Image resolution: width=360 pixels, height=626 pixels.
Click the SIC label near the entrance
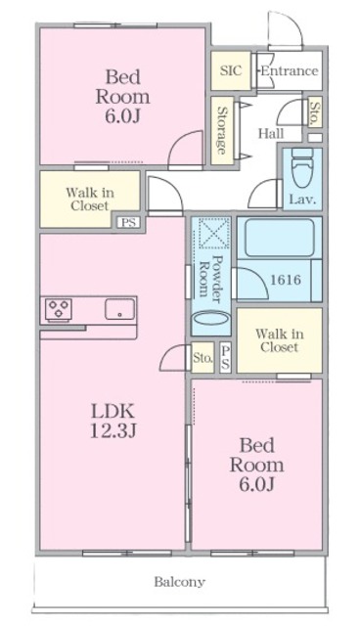pyautogui.click(x=231, y=70)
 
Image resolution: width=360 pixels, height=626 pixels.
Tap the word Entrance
pyautogui.click(x=290, y=71)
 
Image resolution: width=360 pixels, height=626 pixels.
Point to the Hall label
pyautogui.click(x=271, y=133)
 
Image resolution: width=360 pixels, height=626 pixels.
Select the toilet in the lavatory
pyautogui.click(x=302, y=168)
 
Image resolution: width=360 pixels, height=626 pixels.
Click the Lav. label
pyautogui.click(x=302, y=199)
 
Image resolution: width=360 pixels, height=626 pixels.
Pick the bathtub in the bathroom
pyautogui.click(x=280, y=238)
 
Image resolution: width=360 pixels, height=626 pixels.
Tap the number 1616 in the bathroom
pyautogui.click(x=286, y=280)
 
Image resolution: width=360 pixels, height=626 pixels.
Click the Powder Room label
pyautogui.click(x=210, y=277)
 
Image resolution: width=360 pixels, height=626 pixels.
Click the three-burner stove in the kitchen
pyautogui.click(x=59, y=309)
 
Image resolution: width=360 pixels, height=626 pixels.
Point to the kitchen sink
pyautogui.click(x=119, y=309)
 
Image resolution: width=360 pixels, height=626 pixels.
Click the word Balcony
pyautogui.click(x=180, y=582)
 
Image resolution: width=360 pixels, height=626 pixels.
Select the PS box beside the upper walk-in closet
pyautogui.click(x=128, y=222)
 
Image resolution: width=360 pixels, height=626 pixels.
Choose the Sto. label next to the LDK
pyautogui.click(x=202, y=357)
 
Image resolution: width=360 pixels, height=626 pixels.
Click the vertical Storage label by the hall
pyautogui.click(x=222, y=130)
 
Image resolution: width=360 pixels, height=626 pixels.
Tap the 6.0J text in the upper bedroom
pyautogui.click(x=122, y=116)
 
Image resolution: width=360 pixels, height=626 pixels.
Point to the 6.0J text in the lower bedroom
pyautogui.click(x=256, y=484)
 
